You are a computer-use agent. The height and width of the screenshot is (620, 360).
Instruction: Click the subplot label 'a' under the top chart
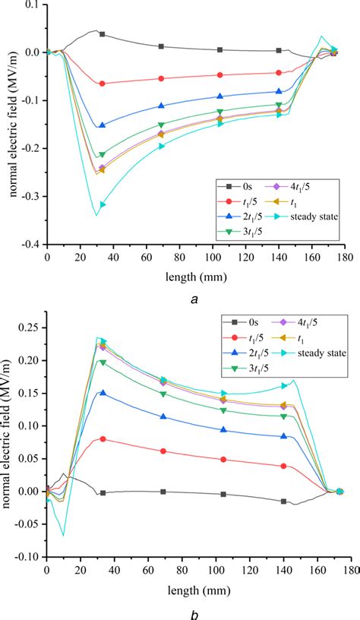pos(195,300)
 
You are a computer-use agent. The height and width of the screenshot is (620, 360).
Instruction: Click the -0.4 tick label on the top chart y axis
pos(30,245)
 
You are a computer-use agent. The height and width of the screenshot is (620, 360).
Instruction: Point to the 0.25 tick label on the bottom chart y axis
pos(30,327)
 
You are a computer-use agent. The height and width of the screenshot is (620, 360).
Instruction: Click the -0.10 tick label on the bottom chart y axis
pos(28,556)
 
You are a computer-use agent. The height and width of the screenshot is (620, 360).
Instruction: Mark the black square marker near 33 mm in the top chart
pos(102,34)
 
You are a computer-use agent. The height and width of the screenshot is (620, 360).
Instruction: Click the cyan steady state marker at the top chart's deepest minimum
pos(103,204)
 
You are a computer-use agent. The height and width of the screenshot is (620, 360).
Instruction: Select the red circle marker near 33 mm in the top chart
pos(102,84)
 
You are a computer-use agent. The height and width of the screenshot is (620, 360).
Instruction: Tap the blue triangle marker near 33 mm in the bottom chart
pos(103,394)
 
